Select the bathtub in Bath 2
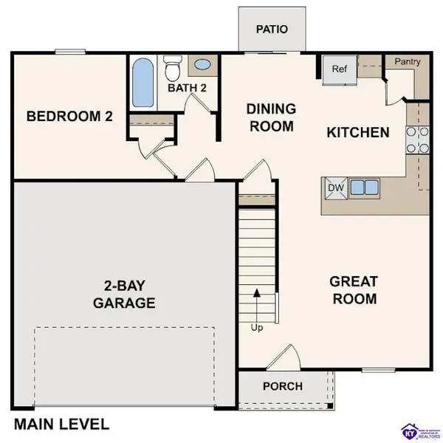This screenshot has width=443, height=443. tap(143, 83)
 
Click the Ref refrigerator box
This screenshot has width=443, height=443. tap(340, 70)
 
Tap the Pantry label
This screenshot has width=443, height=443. tap(407, 62)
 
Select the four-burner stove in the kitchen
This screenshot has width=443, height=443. tap(417, 140)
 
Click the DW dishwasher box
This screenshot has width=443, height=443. tap(337, 188)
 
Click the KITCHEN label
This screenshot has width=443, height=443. tap(358, 133)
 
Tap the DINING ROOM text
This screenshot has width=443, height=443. tap(271, 117)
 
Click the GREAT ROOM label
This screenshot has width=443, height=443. tap(354, 290)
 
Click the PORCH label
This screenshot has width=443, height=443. tap(283, 386)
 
